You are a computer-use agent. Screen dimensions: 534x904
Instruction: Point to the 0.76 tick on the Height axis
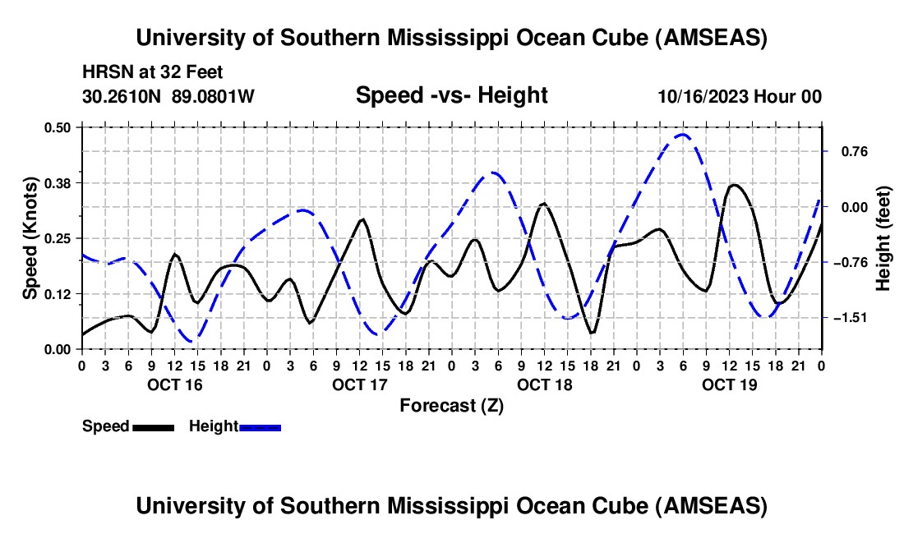[846, 151]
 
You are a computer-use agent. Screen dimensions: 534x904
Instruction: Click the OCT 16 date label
[174, 384]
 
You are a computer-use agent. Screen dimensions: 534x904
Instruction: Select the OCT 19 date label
[729, 384]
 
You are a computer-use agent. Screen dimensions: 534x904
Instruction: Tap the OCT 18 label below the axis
[544, 384]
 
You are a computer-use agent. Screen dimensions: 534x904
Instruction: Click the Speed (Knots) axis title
[30, 238]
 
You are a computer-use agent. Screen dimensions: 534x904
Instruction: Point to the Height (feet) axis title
[883, 238]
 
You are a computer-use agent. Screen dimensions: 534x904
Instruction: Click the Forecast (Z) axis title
[451, 405]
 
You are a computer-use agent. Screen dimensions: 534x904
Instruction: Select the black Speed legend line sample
[153, 427]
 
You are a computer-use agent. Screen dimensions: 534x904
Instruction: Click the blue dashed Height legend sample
[261, 427]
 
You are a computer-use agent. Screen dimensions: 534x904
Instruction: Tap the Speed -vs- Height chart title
[451, 95]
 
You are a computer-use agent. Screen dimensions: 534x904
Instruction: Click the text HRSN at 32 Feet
[153, 72]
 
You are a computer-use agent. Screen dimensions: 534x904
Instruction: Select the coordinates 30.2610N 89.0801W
[168, 96]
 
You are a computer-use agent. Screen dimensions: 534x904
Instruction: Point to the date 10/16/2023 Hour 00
[740, 96]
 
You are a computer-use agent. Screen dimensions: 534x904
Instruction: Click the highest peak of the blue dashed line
[682, 134]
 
